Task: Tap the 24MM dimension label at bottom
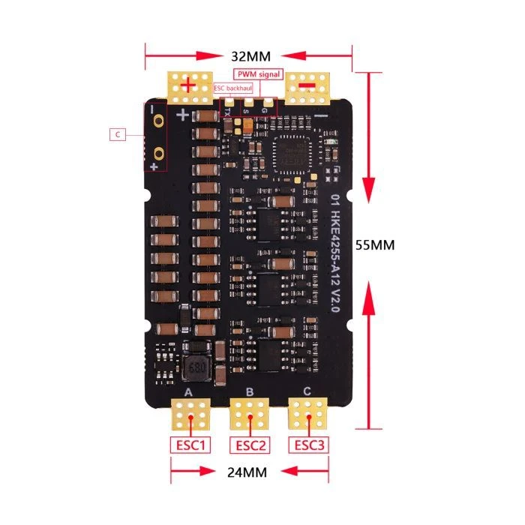click(247, 472)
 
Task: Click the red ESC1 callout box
click(191, 445)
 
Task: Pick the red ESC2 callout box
click(250, 445)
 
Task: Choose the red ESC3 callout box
click(309, 445)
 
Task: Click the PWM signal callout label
click(258, 74)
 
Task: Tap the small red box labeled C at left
click(118, 135)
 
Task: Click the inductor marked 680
click(196, 368)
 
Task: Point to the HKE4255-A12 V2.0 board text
click(335, 252)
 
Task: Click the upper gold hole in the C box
click(159, 120)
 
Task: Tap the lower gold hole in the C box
click(159, 153)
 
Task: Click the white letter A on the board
click(187, 393)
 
